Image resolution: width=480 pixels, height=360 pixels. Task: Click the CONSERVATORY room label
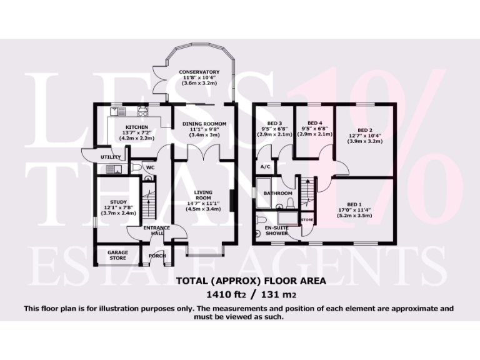(199, 72)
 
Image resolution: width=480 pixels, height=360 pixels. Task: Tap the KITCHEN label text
(127, 126)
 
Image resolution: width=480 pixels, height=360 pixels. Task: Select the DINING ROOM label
(204, 124)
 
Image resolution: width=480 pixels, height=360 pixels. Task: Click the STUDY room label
(118, 201)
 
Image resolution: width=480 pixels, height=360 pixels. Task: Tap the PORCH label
(156, 256)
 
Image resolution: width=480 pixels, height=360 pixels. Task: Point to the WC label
(150, 167)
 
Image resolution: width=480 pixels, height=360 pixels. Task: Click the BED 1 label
(355, 204)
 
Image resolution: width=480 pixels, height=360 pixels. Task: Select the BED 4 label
(312, 122)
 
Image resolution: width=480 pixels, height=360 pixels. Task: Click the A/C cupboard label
(265, 167)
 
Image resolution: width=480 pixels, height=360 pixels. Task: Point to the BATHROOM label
(277, 193)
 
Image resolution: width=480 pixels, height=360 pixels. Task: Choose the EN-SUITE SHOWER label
(276, 230)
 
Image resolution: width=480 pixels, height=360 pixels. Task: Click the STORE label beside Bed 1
(307, 220)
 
